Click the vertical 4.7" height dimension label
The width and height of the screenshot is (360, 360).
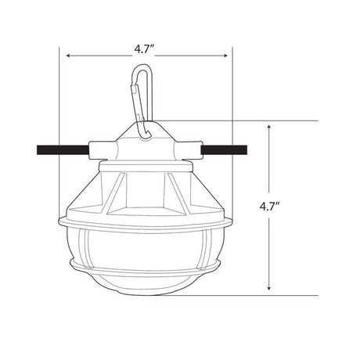[x=270, y=207]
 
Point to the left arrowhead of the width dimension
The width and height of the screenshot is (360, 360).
[x=68, y=56]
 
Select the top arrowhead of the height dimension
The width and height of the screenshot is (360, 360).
[x=270, y=125]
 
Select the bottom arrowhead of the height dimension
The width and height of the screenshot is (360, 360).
[x=270, y=291]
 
